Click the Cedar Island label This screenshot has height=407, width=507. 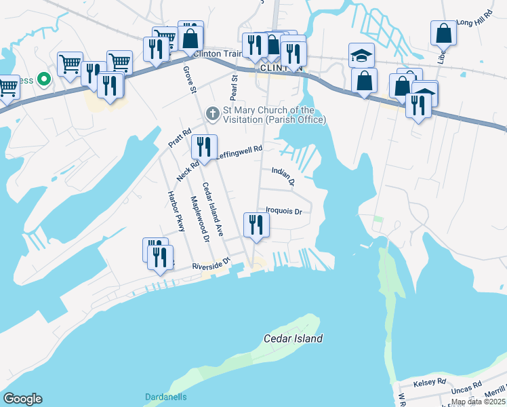coord(293,338)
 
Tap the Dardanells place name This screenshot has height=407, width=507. coord(165,397)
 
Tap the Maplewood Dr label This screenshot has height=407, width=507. coord(201,218)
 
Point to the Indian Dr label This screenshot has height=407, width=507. coord(283,176)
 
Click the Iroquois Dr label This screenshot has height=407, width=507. coord(283,211)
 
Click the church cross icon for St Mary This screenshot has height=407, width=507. coord(213,113)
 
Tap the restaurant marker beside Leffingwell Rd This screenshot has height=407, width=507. coord(203,146)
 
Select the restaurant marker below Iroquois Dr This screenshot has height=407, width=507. coord(256,225)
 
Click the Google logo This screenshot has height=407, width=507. coord(22,399)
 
